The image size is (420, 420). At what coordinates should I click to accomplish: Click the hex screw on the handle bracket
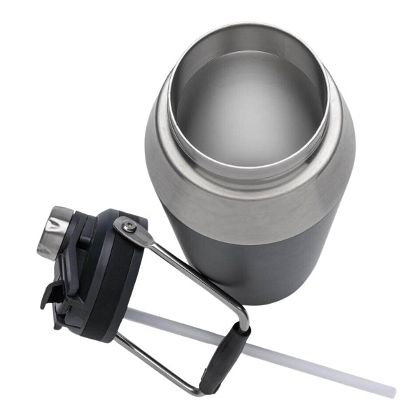click(128, 225)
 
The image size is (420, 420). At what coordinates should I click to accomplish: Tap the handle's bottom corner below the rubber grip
click(204, 389)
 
